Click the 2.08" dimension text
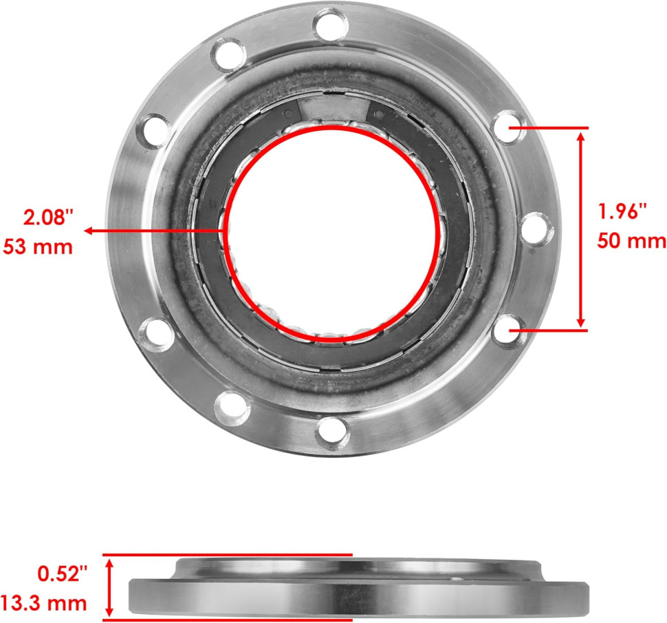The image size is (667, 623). [x=47, y=218]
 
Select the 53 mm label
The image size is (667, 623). [x=39, y=246]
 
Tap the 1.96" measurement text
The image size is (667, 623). [x=623, y=212]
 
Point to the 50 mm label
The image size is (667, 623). [x=631, y=241]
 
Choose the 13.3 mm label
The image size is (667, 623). [x=44, y=604]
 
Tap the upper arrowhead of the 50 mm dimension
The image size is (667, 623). [x=582, y=135]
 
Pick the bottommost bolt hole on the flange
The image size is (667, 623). [x=333, y=431]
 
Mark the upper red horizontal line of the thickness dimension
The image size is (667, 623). [x=227, y=554]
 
